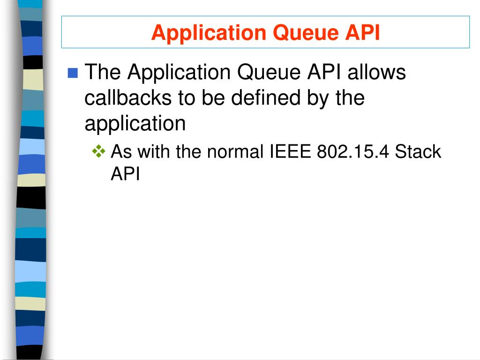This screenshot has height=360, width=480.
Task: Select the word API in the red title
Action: tap(362, 33)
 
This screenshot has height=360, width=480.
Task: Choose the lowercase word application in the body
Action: tap(135, 124)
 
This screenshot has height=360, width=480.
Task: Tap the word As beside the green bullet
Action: tap(121, 152)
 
